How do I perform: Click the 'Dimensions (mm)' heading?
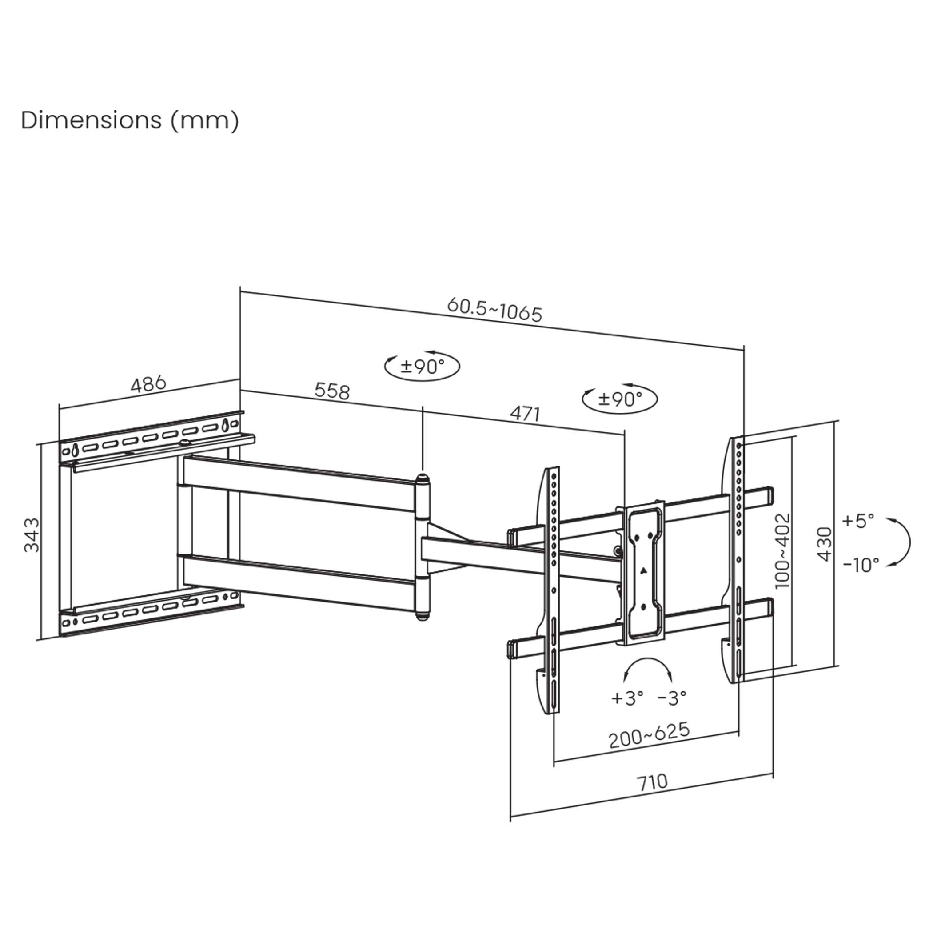click(x=130, y=120)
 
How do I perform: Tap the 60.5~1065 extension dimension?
click(x=494, y=310)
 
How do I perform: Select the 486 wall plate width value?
click(x=148, y=384)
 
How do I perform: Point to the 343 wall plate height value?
click(x=32, y=534)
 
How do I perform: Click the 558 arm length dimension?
click(x=332, y=391)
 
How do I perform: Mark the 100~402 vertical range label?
click(x=782, y=551)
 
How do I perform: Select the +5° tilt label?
click(x=858, y=521)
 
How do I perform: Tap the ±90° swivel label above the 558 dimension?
click(x=422, y=367)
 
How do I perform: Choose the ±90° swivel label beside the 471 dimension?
click(x=620, y=399)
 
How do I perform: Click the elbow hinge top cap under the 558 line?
click(x=423, y=478)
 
